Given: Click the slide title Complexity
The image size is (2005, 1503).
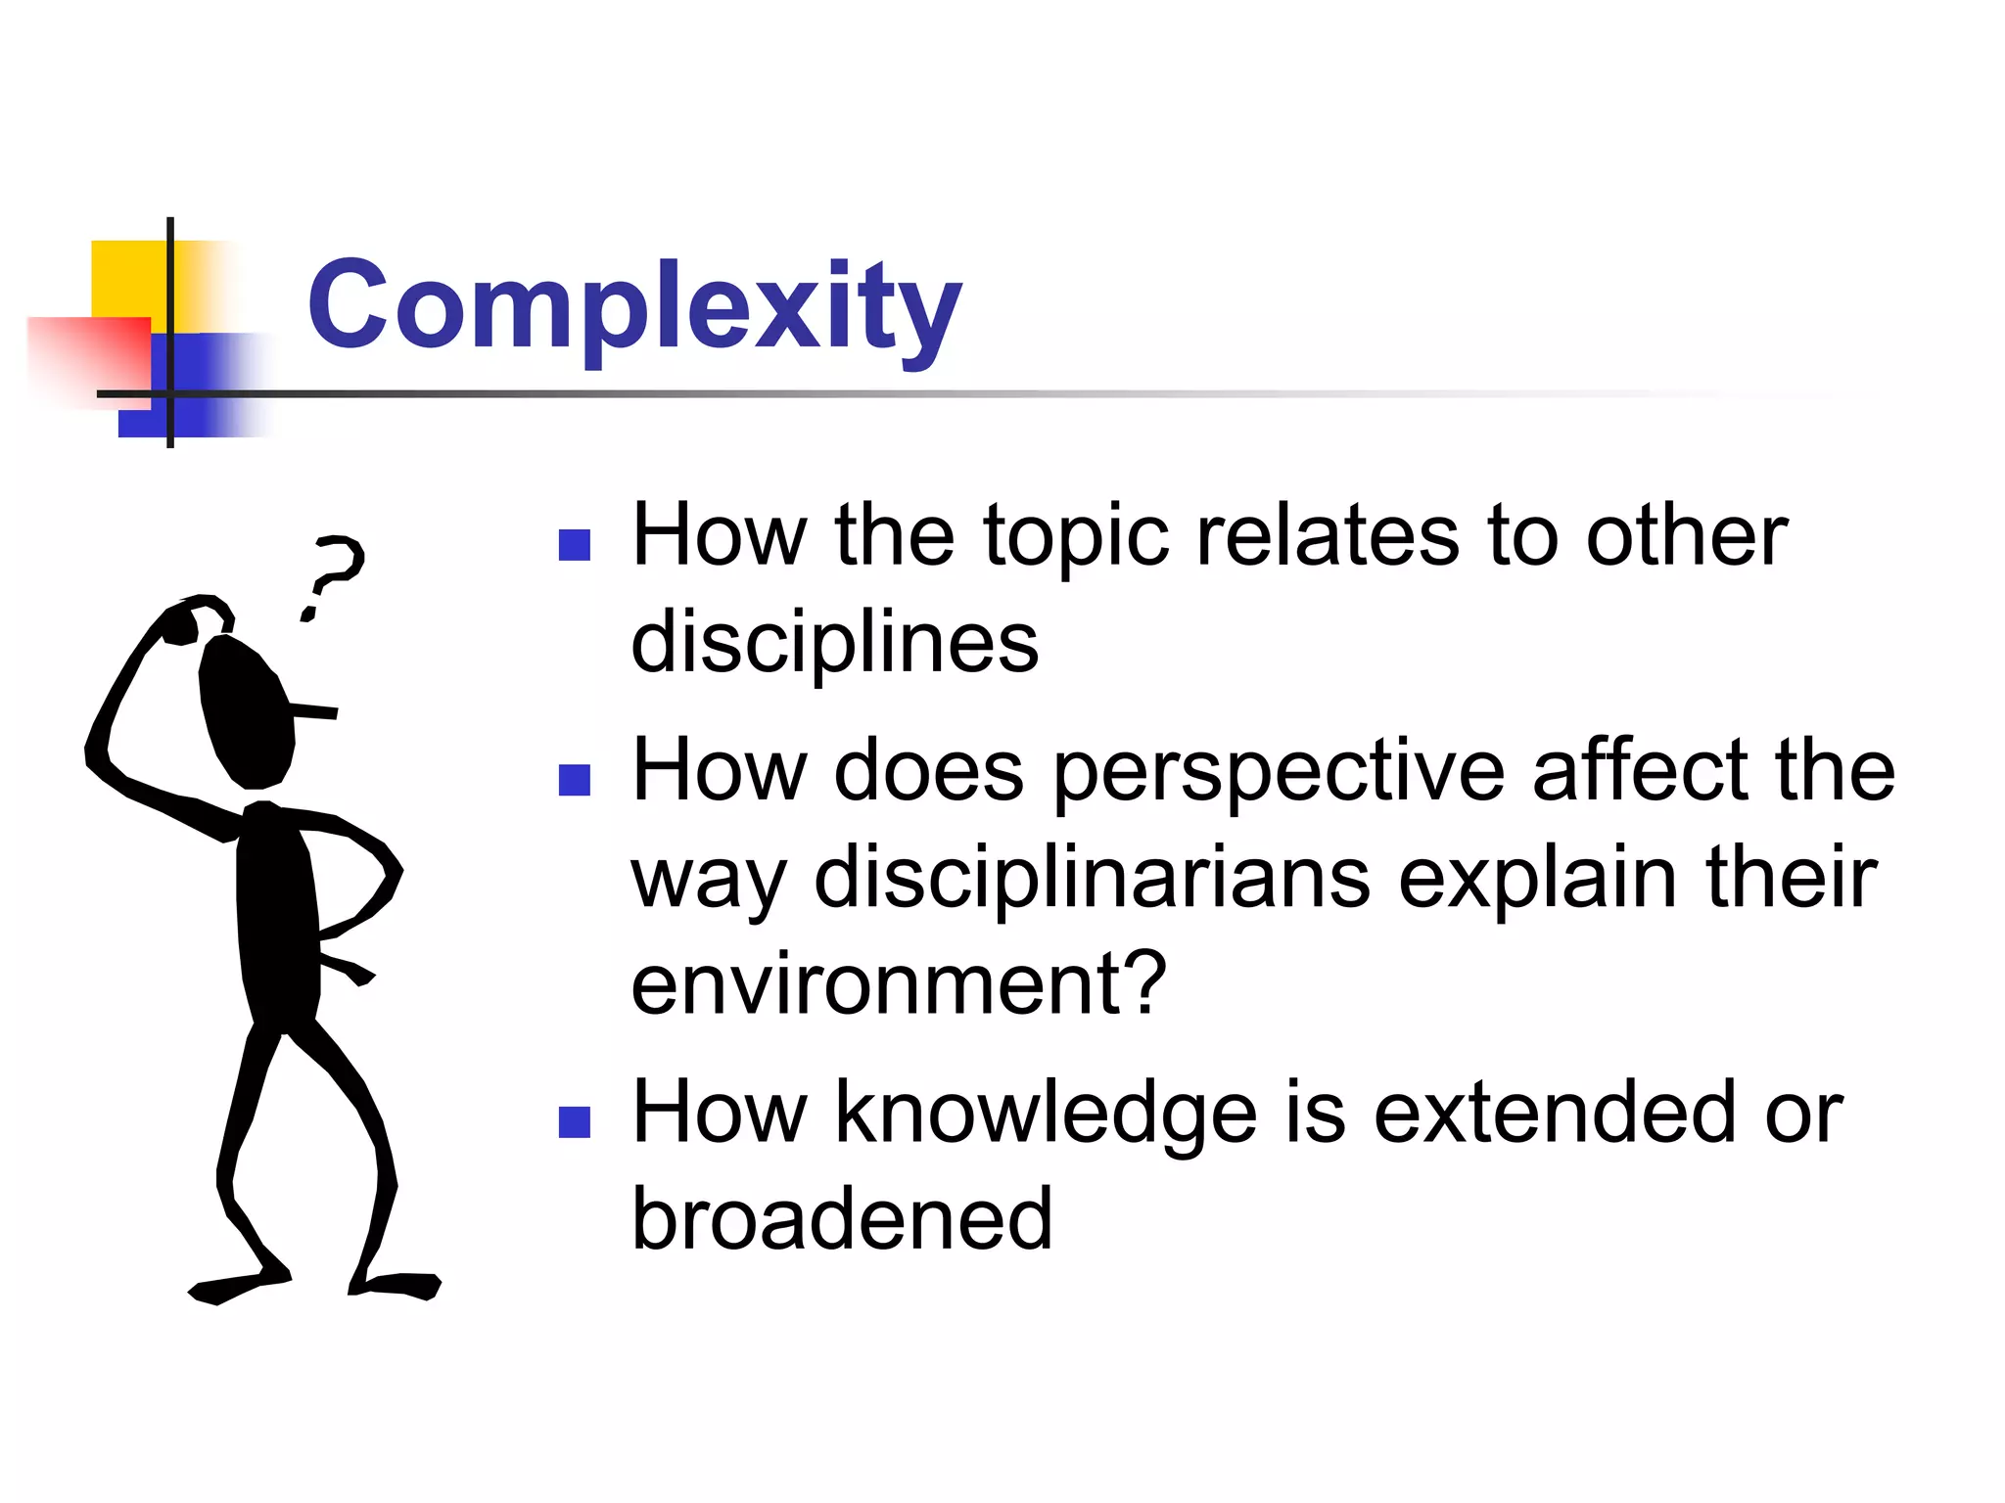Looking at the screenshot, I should (634, 305).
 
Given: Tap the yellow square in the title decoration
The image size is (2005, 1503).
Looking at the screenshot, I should (127, 278).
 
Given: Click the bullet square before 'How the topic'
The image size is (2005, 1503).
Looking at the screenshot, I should (575, 545).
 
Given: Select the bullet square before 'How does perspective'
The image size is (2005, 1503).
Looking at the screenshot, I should (575, 780).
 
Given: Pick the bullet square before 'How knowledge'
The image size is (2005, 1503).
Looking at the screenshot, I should (575, 1122).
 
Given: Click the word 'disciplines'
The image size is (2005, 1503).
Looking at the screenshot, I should (834, 643).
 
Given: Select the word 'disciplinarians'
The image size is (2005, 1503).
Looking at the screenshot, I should (1092, 878).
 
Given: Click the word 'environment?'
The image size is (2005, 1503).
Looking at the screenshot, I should (899, 983).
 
